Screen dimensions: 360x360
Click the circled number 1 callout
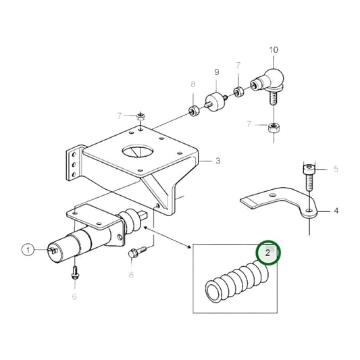point(28,251)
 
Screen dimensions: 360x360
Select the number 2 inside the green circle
point(268,253)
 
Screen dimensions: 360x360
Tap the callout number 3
point(218,161)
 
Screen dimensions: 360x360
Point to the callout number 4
point(336,211)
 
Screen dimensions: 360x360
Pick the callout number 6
point(74,296)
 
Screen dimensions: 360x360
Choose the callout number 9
point(217,72)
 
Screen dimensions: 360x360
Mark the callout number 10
point(274,49)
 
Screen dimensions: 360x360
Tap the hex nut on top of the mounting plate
point(138,117)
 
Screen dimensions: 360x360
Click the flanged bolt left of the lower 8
point(134,255)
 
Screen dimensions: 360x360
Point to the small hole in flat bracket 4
point(309,211)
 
